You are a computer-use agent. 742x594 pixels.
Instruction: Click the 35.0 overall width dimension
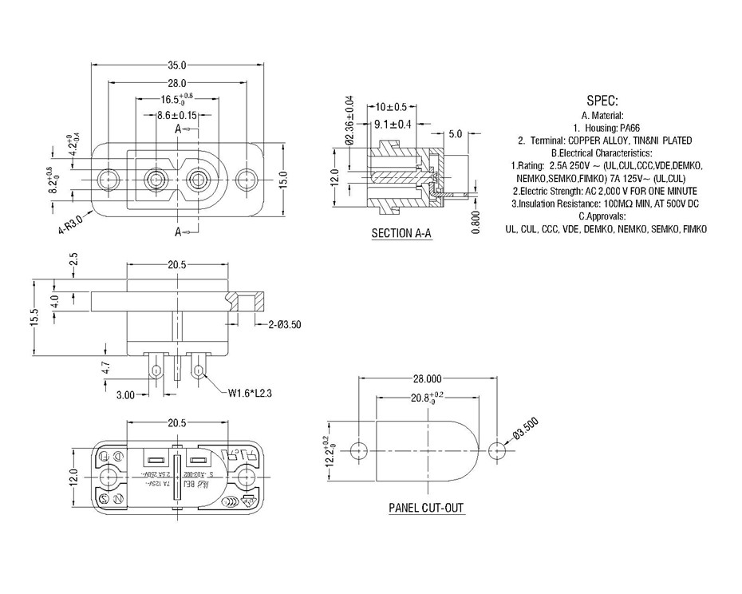tap(176, 65)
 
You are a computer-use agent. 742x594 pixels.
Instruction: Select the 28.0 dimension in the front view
tap(176, 83)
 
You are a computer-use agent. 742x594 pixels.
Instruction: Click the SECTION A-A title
tap(402, 234)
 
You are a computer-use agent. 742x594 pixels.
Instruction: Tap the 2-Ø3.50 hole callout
tap(284, 325)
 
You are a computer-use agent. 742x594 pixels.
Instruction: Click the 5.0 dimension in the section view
tap(456, 134)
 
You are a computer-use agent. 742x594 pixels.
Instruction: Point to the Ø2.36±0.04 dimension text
tap(349, 121)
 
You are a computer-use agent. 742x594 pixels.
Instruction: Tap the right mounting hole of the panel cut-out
tap(497, 449)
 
